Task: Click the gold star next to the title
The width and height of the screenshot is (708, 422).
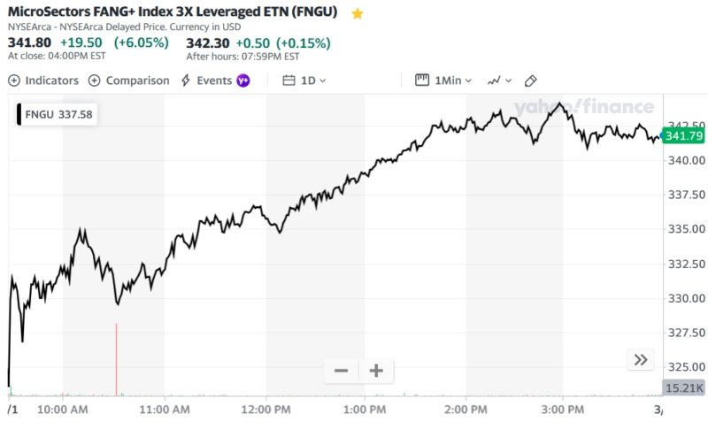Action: click(358, 14)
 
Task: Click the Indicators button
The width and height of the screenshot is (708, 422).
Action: click(43, 81)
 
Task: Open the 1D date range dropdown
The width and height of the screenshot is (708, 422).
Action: click(305, 81)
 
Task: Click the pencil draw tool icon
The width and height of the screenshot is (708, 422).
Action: click(531, 81)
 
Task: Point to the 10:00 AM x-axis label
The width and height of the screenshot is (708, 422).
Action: click(63, 410)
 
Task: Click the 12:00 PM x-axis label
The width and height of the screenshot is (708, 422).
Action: click(265, 410)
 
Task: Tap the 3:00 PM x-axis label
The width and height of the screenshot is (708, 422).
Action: click(563, 410)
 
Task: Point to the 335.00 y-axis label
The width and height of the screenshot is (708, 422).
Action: click(687, 229)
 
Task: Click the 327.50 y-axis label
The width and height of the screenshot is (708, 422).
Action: click(687, 333)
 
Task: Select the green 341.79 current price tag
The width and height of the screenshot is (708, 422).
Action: click(683, 135)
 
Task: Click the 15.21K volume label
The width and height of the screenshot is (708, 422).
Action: click(683, 387)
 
